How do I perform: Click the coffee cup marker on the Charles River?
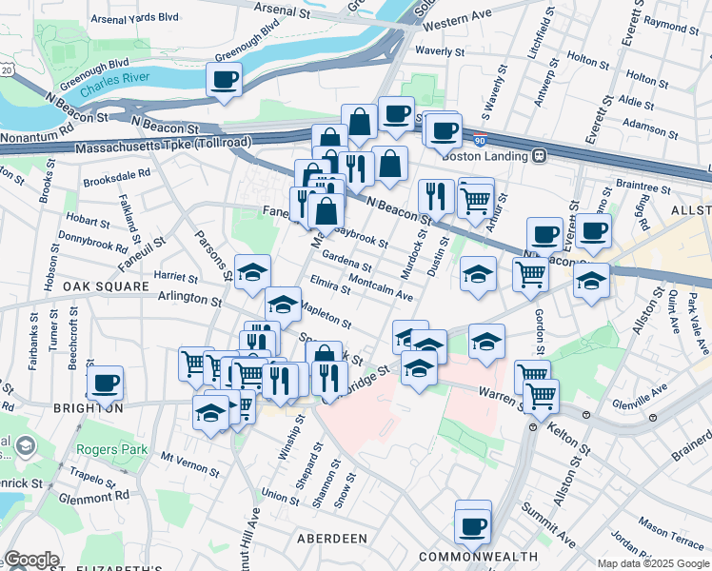(224, 80)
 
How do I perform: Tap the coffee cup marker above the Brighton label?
(105, 384)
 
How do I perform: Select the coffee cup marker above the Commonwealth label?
(471, 525)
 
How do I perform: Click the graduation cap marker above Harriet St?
(252, 273)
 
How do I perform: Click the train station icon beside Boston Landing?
(539, 155)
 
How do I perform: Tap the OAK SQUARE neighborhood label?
(106, 286)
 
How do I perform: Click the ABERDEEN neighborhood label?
(332, 539)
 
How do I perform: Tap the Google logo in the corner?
(31, 560)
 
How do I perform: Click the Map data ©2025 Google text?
(652, 563)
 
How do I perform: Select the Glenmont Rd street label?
(93, 496)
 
